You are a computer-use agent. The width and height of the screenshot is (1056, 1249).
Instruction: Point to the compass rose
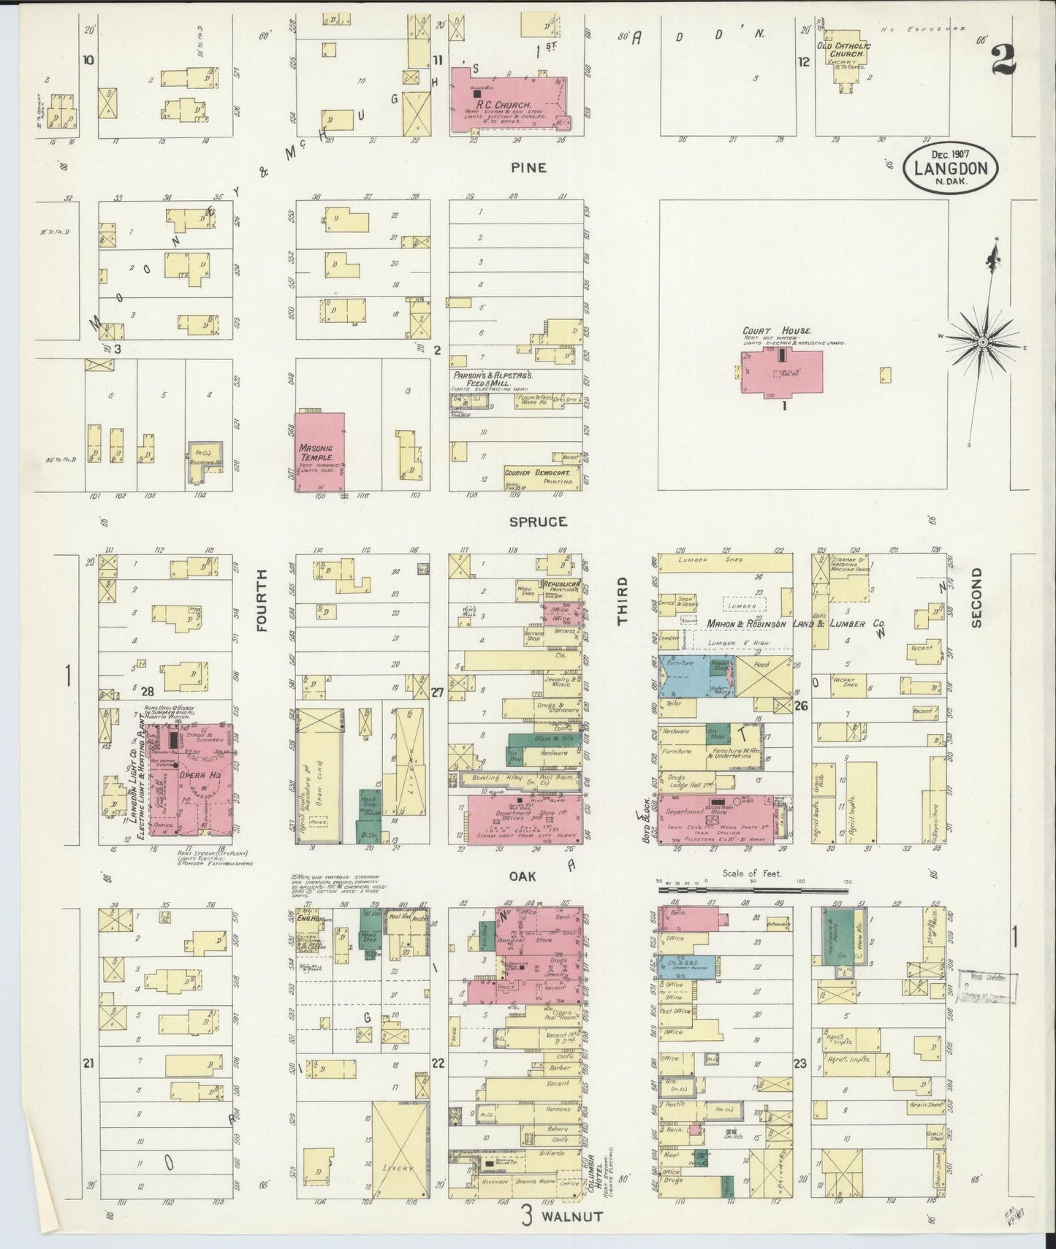983,341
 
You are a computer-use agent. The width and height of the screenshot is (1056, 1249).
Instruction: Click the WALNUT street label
572,1217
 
